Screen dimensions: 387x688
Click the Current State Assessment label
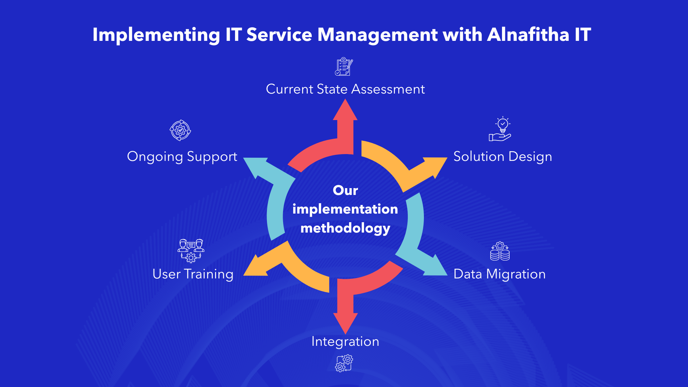(x=345, y=89)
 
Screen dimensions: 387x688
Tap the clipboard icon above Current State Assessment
(x=344, y=67)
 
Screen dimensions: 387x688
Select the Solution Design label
(x=502, y=157)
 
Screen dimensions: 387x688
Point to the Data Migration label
(x=499, y=274)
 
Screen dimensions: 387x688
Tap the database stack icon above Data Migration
(x=500, y=251)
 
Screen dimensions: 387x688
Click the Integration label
(x=345, y=341)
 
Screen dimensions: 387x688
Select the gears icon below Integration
(x=344, y=363)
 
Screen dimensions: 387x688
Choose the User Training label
(x=193, y=274)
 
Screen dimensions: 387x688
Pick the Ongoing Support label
(x=182, y=157)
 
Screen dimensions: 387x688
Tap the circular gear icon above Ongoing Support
(x=180, y=130)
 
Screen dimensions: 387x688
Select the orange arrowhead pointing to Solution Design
(x=434, y=166)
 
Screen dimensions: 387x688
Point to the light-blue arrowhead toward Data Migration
(x=434, y=267)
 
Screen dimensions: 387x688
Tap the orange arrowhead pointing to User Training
(x=256, y=267)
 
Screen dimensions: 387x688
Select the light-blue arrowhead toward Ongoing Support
(x=256, y=166)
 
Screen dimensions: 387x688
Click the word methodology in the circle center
(x=345, y=228)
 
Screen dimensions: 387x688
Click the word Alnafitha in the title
(x=528, y=35)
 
